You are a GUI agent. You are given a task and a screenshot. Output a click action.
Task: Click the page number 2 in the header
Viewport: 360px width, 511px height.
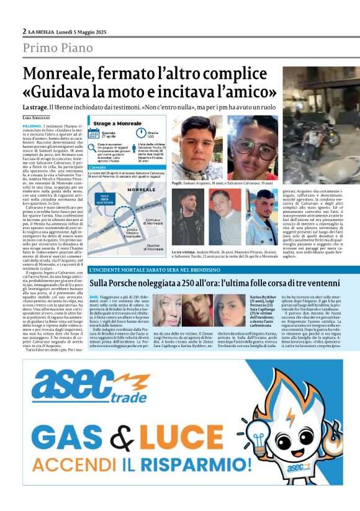[x=24, y=31]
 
